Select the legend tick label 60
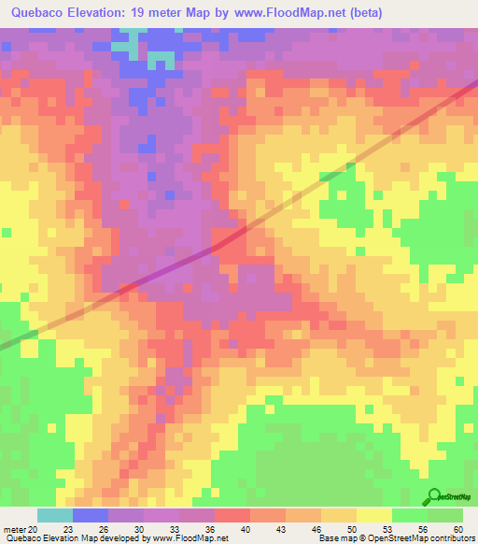(457, 528)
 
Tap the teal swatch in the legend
(55, 515)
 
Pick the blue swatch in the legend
(91, 515)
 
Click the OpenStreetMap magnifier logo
(434, 497)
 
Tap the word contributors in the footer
(451, 538)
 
